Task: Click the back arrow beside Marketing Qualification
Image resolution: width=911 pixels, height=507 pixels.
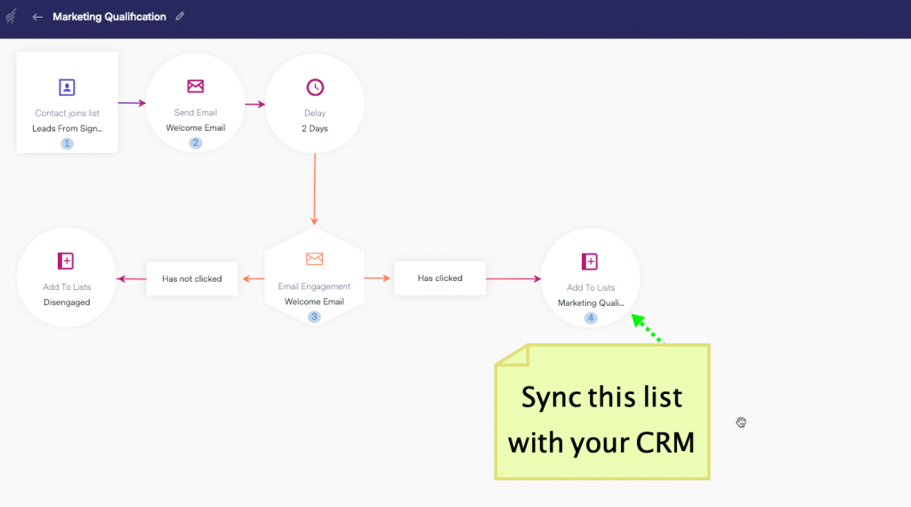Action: pos(37,17)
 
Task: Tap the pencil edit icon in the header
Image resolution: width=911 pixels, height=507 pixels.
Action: pos(180,16)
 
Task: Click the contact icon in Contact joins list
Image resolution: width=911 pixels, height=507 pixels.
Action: pos(67,87)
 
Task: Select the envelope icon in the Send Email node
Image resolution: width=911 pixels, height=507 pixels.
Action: pos(195,86)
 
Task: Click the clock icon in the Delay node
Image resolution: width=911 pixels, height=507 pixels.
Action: pos(315,87)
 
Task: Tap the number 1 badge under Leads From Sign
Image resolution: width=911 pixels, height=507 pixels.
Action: pos(67,143)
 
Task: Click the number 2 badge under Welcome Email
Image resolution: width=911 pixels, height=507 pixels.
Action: pos(195,143)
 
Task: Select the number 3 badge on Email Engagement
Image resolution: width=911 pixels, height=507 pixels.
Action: pos(314,317)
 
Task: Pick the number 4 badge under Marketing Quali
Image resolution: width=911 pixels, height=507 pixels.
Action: pos(591,318)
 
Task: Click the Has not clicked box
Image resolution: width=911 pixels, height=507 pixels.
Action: pos(192,278)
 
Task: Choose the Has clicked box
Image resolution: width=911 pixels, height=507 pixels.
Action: pos(439,278)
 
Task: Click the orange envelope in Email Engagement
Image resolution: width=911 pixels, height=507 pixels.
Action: pos(314,259)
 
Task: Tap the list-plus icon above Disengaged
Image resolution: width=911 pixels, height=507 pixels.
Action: pos(66,261)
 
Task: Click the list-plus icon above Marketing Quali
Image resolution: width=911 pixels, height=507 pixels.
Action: pos(590,262)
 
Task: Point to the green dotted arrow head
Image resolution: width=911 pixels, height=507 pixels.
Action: pos(637,320)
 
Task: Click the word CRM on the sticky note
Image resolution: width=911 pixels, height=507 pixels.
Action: pos(665,443)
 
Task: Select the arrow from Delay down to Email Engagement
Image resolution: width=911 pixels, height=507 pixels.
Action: pos(314,189)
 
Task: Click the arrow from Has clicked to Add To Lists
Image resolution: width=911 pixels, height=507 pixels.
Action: pos(513,278)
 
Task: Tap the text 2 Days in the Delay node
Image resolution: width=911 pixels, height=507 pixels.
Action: pos(314,128)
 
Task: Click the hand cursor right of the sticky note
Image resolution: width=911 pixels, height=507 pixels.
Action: pos(741,422)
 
